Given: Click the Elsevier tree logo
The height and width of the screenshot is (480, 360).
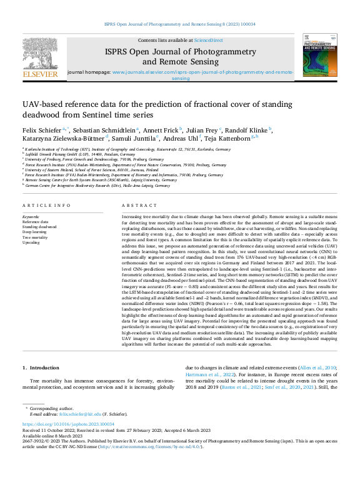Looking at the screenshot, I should [39, 56].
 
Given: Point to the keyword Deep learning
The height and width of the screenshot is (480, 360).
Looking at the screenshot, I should [34, 232].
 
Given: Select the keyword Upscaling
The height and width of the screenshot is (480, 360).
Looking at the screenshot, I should [31, 242].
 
